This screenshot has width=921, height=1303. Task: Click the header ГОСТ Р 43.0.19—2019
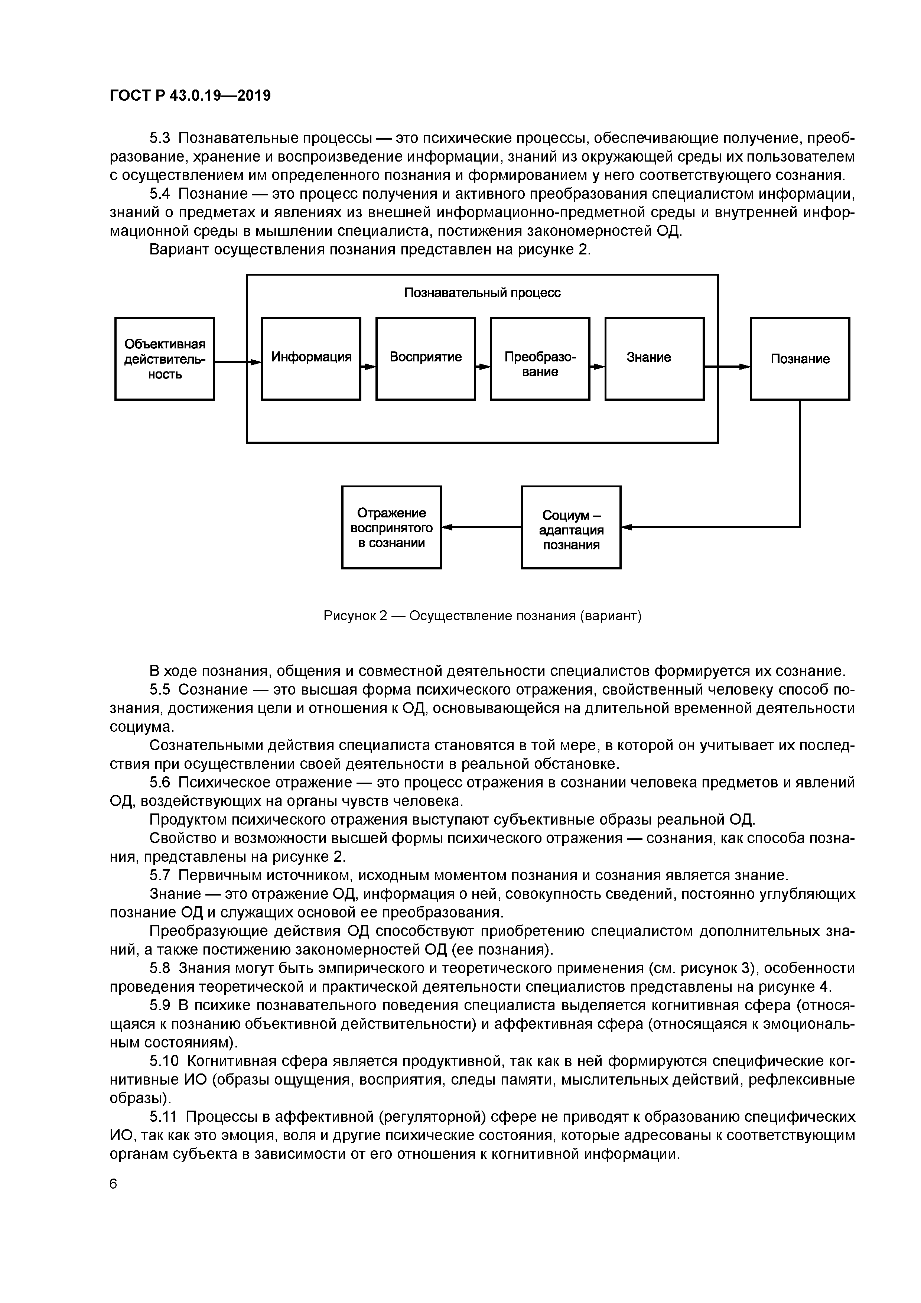tap(190, 96)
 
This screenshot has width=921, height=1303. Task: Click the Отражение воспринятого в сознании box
tap(391, 527)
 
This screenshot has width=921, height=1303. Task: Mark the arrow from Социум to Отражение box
tap(481, 527)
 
